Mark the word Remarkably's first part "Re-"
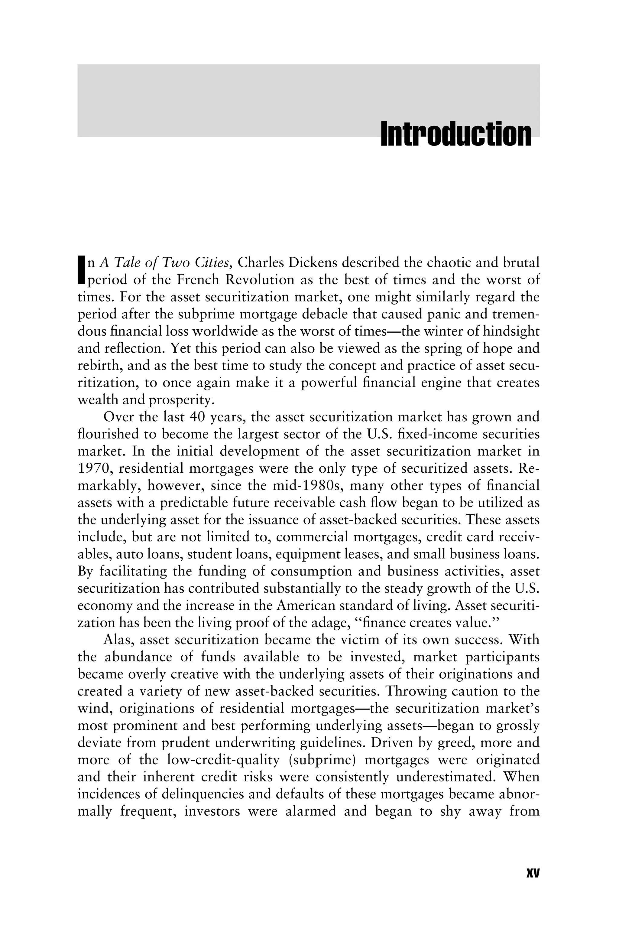pos(530,468)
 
